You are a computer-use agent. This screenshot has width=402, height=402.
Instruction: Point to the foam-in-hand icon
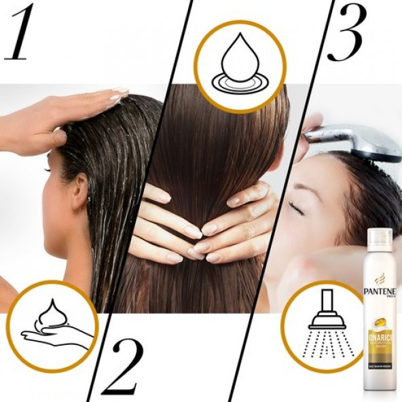pyautogui.click(x=52, y=327)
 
